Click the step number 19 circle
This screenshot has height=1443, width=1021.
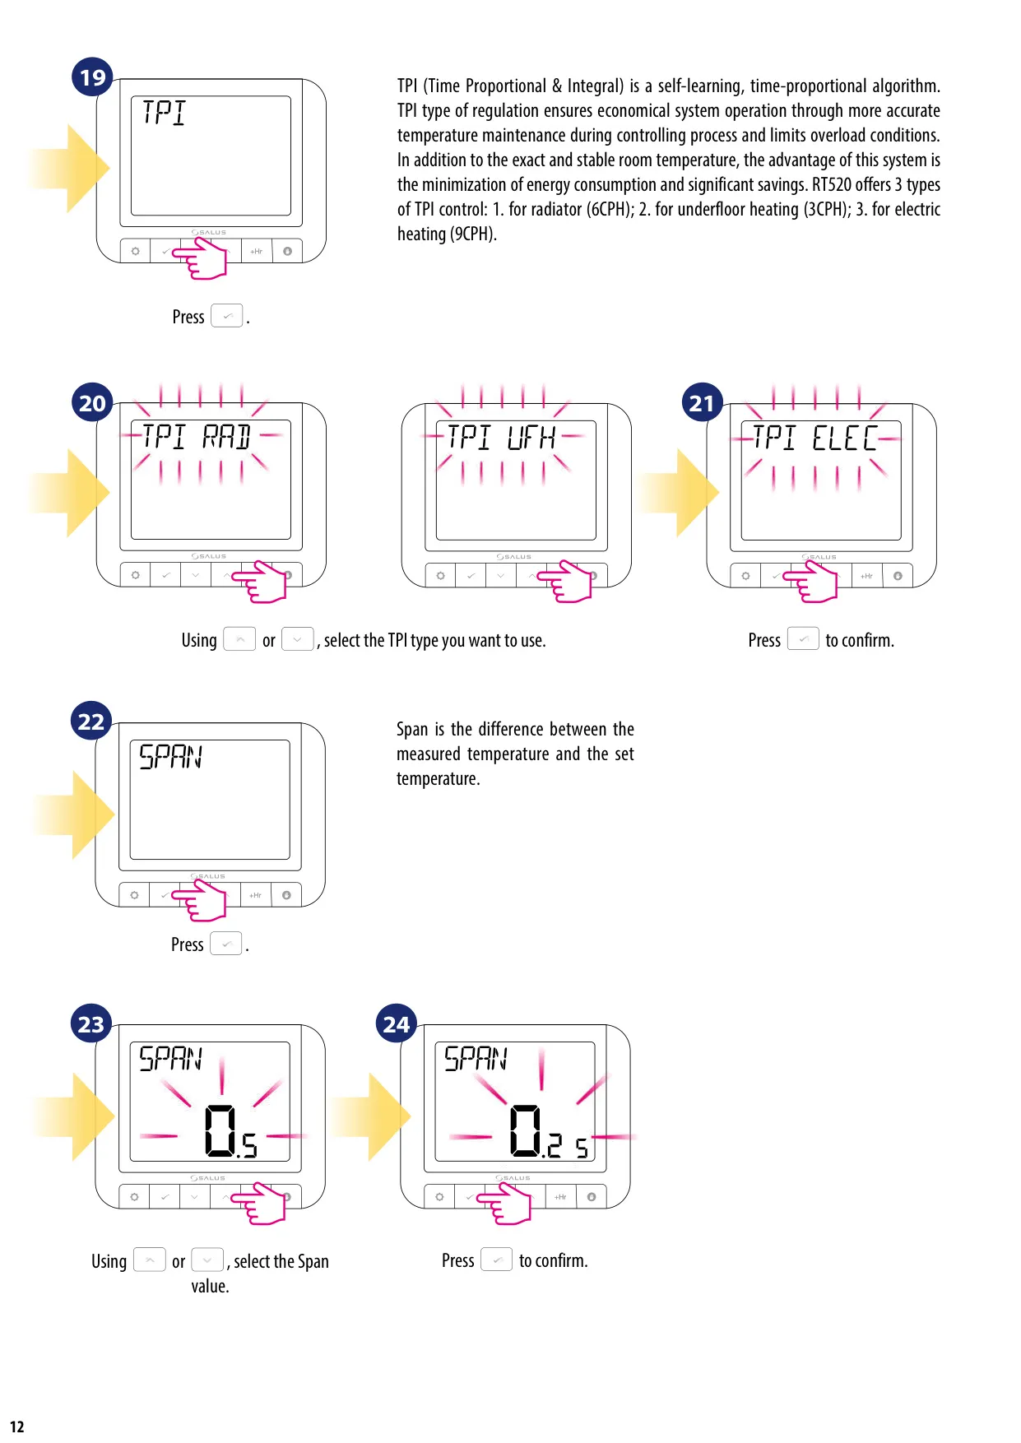pos(92,77)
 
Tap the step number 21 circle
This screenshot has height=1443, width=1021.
pos(702,402)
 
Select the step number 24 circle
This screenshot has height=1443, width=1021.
pos(396,1023)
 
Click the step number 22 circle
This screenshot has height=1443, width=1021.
pos(90,721)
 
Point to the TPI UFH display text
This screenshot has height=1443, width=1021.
pos(501,438)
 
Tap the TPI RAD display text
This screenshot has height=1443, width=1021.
pos(197,437)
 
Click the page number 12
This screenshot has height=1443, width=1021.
pos(17,1427)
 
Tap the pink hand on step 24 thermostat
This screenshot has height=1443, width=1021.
pos(504,1203)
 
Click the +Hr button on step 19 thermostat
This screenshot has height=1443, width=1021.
pos(257,251)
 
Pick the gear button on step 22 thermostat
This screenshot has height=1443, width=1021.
pos(134,895)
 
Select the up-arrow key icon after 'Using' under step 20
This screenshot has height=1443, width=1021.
pos(239,639)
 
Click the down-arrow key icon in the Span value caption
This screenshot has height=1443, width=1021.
pos(207,1260)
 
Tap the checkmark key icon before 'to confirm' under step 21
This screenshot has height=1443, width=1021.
pos(803,638)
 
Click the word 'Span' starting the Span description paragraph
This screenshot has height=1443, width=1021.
pos(412,729)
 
